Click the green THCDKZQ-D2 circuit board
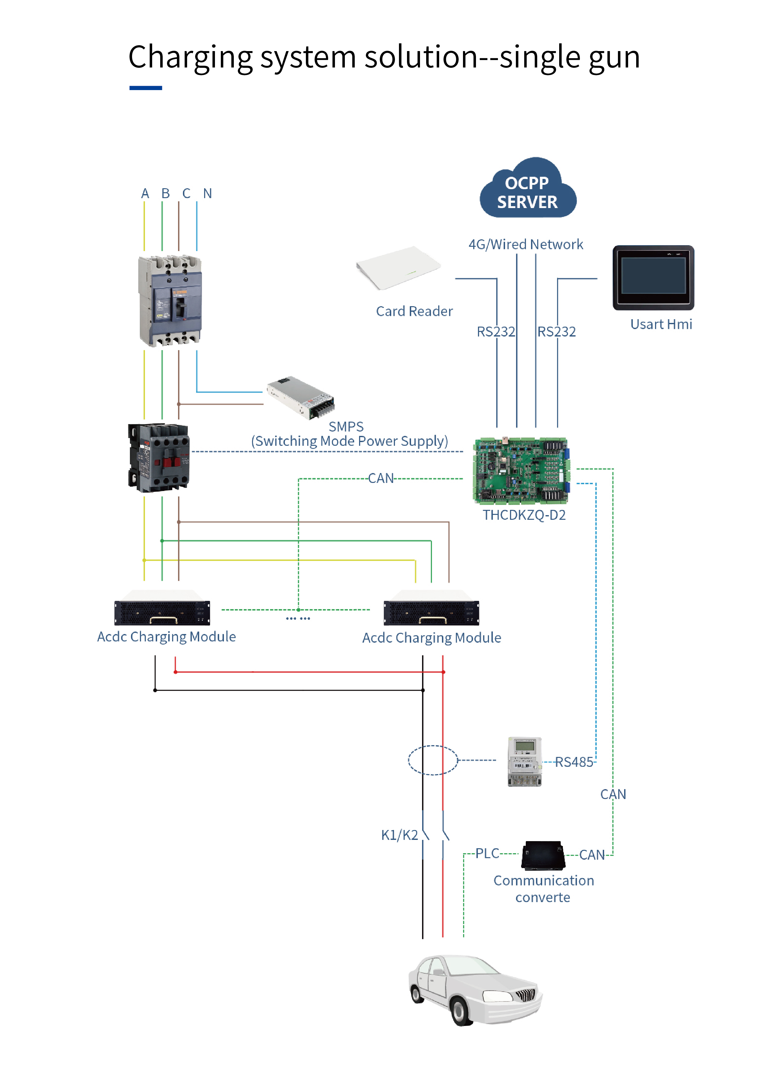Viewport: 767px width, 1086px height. (521, 471)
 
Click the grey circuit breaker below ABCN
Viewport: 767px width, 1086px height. (170, 301)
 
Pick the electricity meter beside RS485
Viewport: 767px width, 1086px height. (525, 762)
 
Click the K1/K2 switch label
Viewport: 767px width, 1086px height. (399, 835)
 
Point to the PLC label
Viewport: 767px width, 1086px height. (487, 853)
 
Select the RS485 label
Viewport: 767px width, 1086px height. (573, 762)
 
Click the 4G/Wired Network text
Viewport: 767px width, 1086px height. (525, 245)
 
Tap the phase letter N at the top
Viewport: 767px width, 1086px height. (208, 193)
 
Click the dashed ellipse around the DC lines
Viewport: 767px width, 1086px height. (433, 760)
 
